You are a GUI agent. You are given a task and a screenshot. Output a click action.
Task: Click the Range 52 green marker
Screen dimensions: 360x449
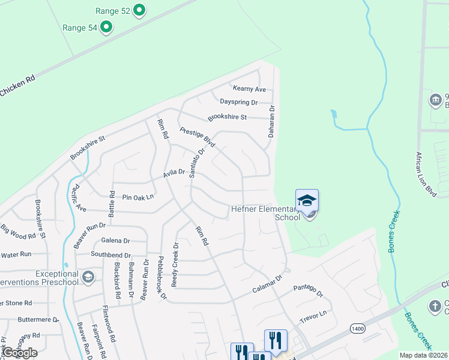[x=139, y=10]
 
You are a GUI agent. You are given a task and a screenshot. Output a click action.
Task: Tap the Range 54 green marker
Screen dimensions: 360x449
[x=106, y=26]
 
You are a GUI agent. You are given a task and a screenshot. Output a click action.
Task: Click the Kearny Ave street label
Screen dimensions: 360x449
[x=249, y=89]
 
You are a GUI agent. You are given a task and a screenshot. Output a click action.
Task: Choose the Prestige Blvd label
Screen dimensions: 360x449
[x=197, y=137]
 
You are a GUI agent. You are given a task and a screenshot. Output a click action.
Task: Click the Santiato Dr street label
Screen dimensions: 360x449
[x=197, y=163]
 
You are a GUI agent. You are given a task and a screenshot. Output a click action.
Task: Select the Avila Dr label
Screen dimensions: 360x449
[x=174, y=175]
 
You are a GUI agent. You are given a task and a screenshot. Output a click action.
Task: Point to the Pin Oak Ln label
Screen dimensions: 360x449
[x=138, y=196]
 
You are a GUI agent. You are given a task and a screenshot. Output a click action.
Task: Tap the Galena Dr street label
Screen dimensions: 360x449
[x=115, y=241]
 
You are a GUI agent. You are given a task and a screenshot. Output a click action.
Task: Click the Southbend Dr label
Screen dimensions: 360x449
[x=110, y=254]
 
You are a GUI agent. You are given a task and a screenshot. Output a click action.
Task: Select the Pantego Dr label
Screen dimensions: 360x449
[x=308, y=291]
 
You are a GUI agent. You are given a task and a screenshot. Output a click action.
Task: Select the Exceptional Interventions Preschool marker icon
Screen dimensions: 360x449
[x=88, y=277]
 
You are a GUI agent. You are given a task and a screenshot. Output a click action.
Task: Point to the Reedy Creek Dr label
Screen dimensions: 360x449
[x=176, y=265]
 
